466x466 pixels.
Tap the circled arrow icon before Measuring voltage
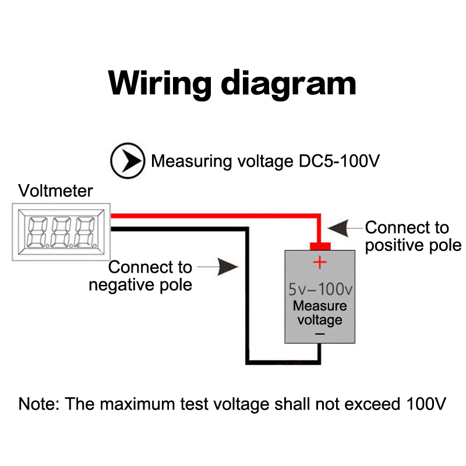coord(128,161)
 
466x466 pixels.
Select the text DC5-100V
coord(335,161)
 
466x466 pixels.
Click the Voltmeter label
coord(55,190)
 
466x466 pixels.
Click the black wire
coord(246,291)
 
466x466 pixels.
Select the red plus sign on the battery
coord(320,263)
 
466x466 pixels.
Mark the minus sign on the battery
coord(320,334)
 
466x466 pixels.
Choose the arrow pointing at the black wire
coord(228,267)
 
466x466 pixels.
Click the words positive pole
coord(413,245)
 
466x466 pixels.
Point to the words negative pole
coord(140,285)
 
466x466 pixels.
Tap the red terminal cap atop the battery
coord(320,246)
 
